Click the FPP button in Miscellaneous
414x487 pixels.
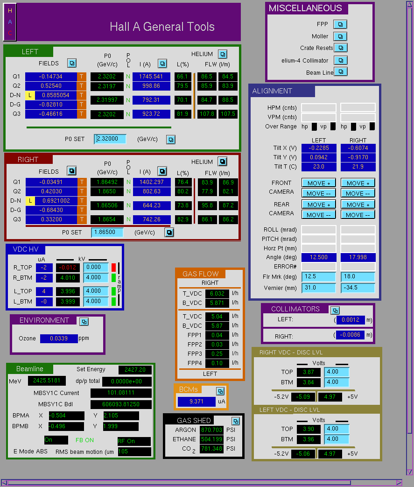pos(340,24)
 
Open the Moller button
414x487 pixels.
pos(340,36)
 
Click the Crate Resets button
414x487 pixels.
pos(340,48)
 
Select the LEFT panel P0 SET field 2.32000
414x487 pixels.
pos(110,139)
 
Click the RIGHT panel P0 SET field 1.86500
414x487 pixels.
pos(107,233)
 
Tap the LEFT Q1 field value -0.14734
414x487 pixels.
pos(51,77)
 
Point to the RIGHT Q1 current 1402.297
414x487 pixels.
pos(152,182)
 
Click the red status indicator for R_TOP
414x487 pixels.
pos(114,268)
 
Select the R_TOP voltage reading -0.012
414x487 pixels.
pos(68,268)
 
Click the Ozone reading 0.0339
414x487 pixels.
pos(59,338)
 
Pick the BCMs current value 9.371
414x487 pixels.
pos(196,402)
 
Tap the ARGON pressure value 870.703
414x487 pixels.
pos(211,430)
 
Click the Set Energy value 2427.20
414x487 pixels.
pos(135,370)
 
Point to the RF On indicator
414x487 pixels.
pos(134,441)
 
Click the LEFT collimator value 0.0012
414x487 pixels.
pos(351,320)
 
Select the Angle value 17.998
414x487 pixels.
pos(358,257)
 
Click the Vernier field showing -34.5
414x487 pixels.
pos(358,288)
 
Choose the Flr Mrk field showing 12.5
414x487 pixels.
pos(319,276)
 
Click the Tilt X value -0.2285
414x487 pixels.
pos(319,148)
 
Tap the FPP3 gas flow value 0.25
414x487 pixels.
pos(217,354)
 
